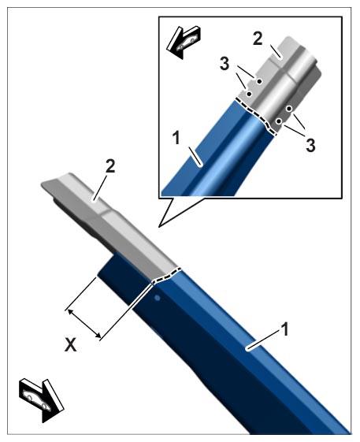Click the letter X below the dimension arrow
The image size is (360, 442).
pyautogui.click(x=70, y=345)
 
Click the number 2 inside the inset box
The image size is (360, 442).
pyautogui.click(x=258, y=39)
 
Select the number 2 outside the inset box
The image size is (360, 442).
pyautogui.click(x=110, y=166)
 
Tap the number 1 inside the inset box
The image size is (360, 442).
pyautogui.click(x=176, y=138)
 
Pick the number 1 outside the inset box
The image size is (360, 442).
pyautogui.click(x=286, y=329)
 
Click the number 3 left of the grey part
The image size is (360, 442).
pyautogui.click(x=225, y=64)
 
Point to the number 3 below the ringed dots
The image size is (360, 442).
pyautogui.click(x=310, y=146)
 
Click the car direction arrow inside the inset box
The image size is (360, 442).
pyautogui.click(x=183, y=42)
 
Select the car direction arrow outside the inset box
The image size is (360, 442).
pyautogui.click(x=42, y=400)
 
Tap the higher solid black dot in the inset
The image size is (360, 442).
pyautogui.click(x=258, y=81)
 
